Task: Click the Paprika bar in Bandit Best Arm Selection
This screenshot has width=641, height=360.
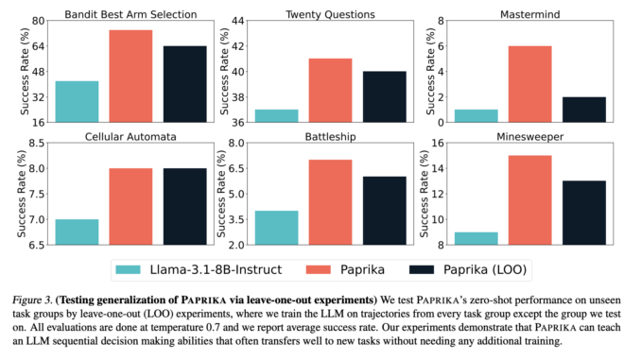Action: [x=130, y=76]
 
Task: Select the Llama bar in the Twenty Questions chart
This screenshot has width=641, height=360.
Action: [x=277, y=115]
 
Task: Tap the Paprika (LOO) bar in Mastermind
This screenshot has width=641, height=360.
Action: [x=583, y=109]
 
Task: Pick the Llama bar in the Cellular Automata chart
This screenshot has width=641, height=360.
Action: [x=77, y=231]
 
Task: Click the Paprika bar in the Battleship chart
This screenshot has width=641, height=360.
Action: [x=330, y=202]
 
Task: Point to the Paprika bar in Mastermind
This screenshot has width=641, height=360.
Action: [x=529, y=83]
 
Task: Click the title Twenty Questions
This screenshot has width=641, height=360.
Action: [x=330, y=14]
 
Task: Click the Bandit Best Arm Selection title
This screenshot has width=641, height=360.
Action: [x=130, y=14]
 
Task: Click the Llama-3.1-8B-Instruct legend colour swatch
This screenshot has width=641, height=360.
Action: [x=130, y=268]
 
